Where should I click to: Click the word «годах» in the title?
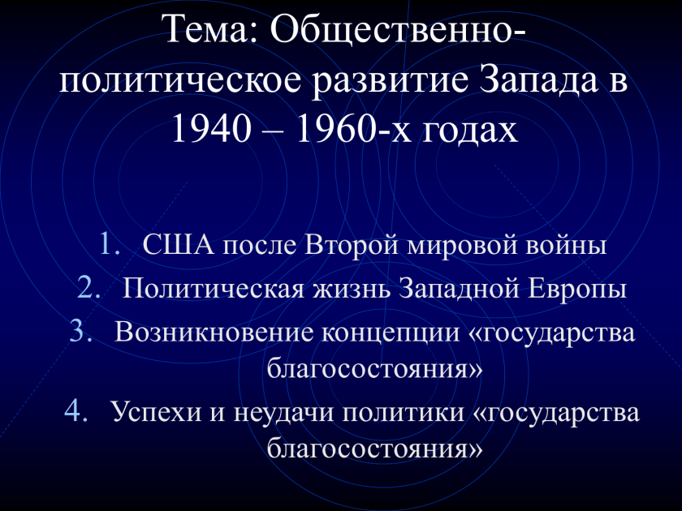[470, 131]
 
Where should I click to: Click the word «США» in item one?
[179, 245]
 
